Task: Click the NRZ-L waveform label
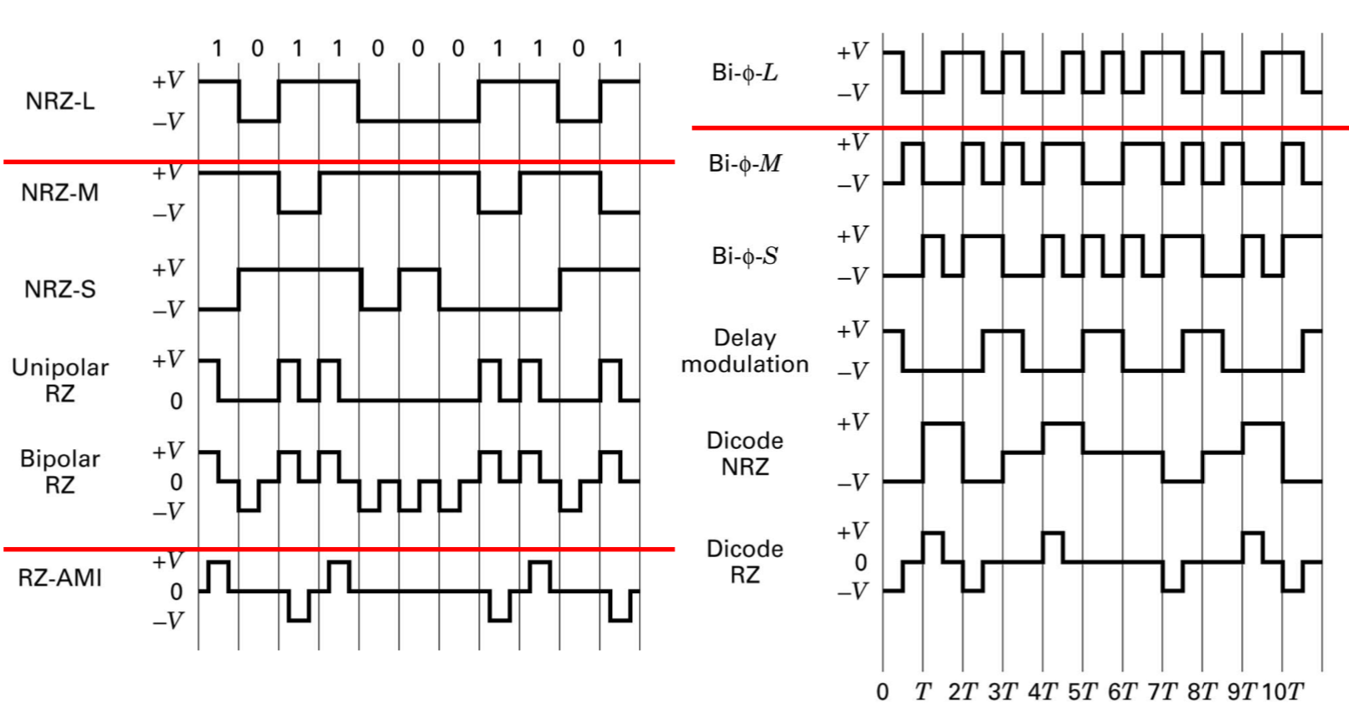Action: (59, 101)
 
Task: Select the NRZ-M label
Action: (59, 193)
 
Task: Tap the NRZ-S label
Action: (59, 290)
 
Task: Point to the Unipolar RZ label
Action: (59, 380)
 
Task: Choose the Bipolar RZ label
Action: (59, 472)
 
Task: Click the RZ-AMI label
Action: (59, 578)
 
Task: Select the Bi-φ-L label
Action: (744, 73)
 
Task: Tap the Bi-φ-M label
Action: (744, 163)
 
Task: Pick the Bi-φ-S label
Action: (744, 256)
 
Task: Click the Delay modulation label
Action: (744, 351)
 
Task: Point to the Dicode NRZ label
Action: (744, 453)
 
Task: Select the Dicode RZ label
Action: (744, 561)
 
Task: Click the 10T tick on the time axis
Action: (1282, 692)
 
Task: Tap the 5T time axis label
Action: (1082, 692)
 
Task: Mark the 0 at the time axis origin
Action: (883, 692)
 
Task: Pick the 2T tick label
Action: (962, 692)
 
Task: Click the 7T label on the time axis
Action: (1161, 692)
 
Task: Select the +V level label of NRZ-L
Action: (167, 81)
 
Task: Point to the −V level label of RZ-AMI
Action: (167, 621)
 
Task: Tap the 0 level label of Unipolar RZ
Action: (176, 401)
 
